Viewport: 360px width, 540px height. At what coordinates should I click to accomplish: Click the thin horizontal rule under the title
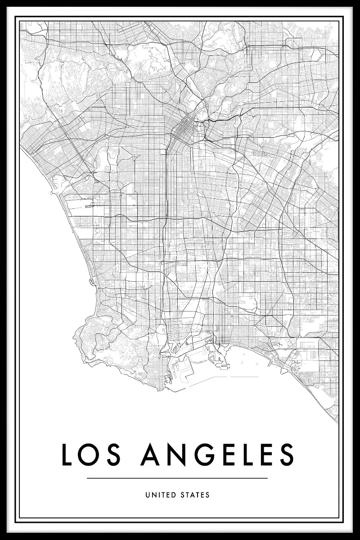click(x=177, y=478)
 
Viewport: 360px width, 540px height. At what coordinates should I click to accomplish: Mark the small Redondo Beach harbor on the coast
click(x=92, y=282)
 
